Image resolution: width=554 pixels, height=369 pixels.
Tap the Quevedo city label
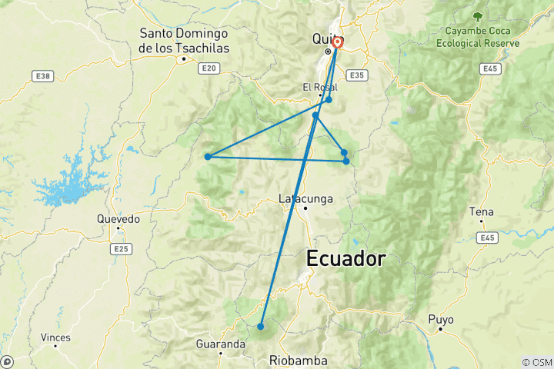118,219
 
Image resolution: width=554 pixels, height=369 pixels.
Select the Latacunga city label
305,199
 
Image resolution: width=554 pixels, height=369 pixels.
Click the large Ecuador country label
345,258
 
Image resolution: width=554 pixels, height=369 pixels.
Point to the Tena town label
481,211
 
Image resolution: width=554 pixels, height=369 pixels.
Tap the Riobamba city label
299,361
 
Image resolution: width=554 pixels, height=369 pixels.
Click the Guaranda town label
220,344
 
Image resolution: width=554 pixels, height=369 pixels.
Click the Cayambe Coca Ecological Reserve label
478,38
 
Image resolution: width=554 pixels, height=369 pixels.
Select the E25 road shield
121,249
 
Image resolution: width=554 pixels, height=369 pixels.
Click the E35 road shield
355,75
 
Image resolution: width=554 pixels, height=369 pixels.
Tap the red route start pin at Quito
337,42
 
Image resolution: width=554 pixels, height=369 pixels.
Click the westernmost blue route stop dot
208,157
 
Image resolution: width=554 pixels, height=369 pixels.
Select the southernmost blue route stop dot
261,327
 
